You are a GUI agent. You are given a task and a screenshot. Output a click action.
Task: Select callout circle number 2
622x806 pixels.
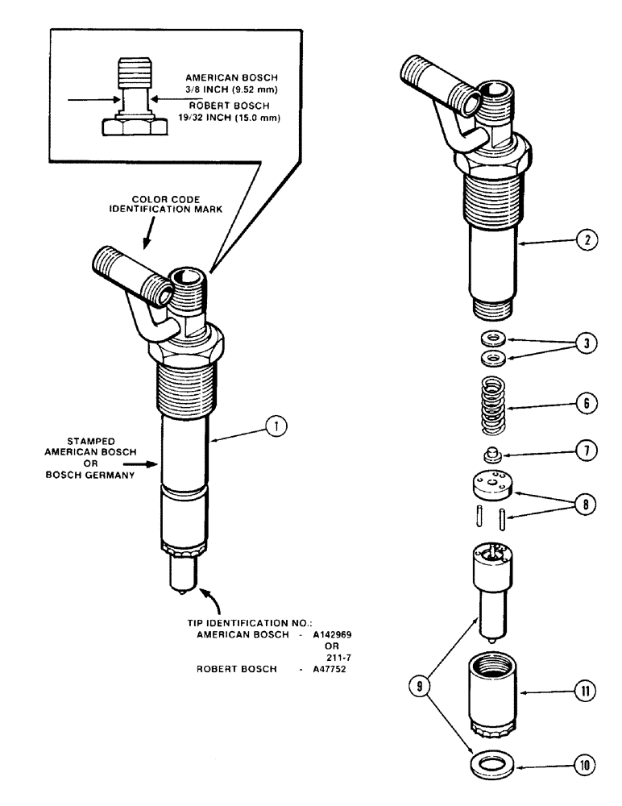(x=587, y=239)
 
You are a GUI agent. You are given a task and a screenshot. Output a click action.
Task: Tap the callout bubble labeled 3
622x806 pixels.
(x=587, y=343)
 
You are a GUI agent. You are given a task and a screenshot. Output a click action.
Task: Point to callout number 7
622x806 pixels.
(x=587, y=452)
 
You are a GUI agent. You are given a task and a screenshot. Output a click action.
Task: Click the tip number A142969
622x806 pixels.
(x=331, y=634)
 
